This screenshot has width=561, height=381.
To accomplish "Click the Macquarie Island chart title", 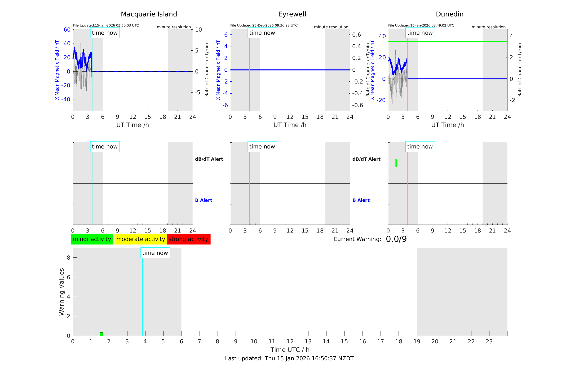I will (x=149, y=14).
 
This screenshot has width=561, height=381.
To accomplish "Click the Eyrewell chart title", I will (x=292, y=14).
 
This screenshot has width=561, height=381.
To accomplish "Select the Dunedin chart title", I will (x=449, y=14).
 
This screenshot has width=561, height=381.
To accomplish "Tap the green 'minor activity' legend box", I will (x=92, y=239).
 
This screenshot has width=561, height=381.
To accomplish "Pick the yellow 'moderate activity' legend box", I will (x=140, y=239).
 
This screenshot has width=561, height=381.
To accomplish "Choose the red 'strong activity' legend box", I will (x=188, y=239).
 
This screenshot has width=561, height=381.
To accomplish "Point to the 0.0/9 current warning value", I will (x=396, y=239).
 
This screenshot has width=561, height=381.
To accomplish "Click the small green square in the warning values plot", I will (x=101, y=334).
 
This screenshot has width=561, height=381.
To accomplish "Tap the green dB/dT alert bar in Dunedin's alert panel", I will (x=396, y=163).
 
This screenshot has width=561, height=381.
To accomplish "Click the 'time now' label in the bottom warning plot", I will (x=155, y=253).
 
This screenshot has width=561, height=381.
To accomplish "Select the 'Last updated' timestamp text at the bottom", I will (x=289, y=358).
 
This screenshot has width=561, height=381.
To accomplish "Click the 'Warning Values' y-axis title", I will (x=62, y=292).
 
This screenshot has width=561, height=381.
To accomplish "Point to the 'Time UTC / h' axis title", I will (x=290, y=350).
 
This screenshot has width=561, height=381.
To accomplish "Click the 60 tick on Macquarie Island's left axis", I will (x=67, y=30).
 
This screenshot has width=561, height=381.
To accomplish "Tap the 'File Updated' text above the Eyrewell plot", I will (x=264, y=25).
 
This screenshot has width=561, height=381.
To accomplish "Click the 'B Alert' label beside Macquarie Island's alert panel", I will (x=204, y=200).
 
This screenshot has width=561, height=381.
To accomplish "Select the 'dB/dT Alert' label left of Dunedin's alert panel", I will (x=366, y=159).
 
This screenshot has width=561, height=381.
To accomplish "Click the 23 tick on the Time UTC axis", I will (x=489, y=341).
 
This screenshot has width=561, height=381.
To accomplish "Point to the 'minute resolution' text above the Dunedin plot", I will (x=488, y=27).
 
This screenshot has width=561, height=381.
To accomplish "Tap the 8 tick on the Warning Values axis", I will (x=68, y=258).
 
